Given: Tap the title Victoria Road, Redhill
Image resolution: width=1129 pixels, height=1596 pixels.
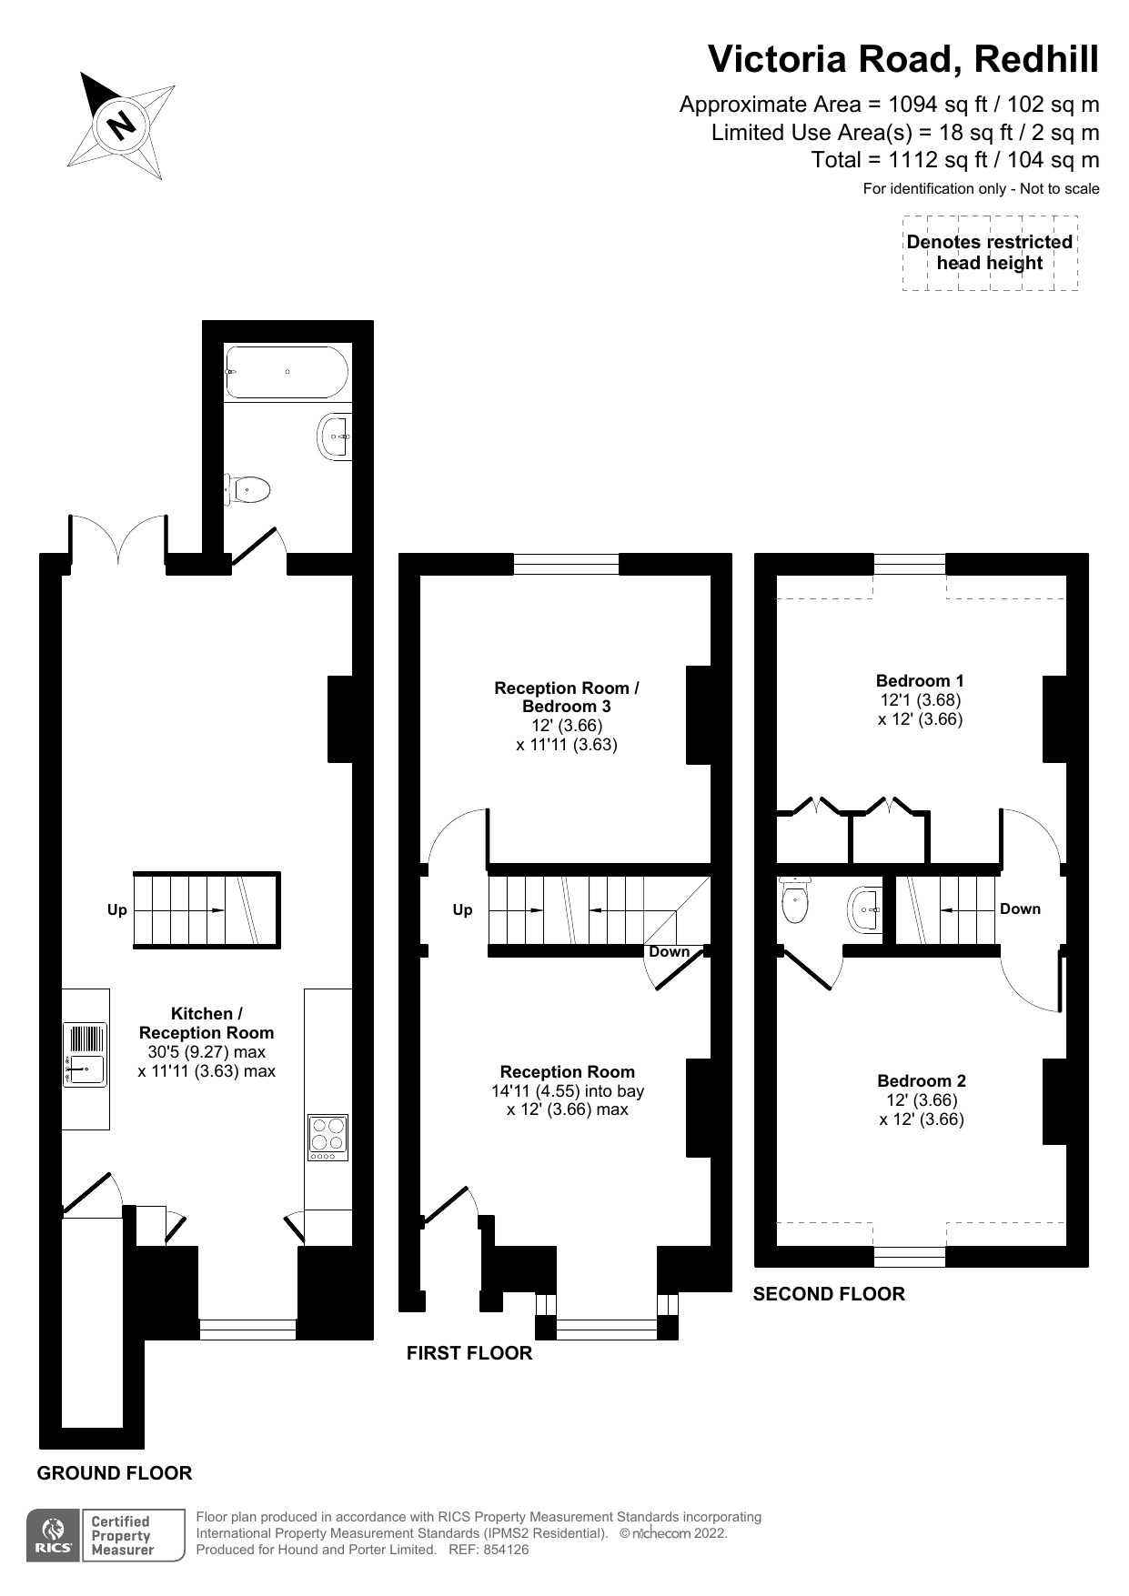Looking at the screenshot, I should pyautogui.click(x=902, y=60).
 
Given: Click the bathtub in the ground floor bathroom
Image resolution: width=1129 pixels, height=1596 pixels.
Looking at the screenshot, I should pyautogui.click(x=287, y=372).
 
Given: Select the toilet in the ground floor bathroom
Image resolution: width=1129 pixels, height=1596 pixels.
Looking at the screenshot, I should pyautogui.click(x=247, y=489).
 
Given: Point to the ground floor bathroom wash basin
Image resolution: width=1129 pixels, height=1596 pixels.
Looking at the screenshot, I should pyautogui.click(x=335, y=437).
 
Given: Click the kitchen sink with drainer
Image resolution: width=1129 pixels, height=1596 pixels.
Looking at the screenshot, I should pyautogui.click(x=85, y=1055).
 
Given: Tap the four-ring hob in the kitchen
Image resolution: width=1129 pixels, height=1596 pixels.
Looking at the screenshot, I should pyautogui.click(x=328, y=1137).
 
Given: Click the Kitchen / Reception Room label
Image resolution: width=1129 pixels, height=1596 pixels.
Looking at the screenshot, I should pyautogui.click(x=207, y=1023).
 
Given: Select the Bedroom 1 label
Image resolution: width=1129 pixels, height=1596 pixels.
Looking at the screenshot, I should pyautogui.click(x=920, y=680).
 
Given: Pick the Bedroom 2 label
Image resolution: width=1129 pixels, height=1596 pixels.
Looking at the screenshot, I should pyautogui.click(x=921, y=1080).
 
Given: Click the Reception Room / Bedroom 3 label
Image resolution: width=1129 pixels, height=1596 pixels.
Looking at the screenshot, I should pyautogui.click(x=566, y=698).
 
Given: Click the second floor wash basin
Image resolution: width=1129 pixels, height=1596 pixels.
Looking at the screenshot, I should pyautogui.click(x=865, y=909).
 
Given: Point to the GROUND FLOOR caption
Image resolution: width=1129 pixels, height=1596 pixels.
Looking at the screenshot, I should pyautogui.click(x=115, y=1473).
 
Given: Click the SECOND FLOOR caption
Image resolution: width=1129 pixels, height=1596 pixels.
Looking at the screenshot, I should pyautogui.click(x=829, y=1294).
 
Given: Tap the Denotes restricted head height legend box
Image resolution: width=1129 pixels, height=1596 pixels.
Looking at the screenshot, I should pyautogui.click(x=990, y=253).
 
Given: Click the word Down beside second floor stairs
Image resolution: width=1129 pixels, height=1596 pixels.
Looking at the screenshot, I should pyautogui.click(x=1020, y=908).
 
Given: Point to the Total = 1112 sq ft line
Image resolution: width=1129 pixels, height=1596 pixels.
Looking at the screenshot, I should pyautogui.click(x=954, y=160).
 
